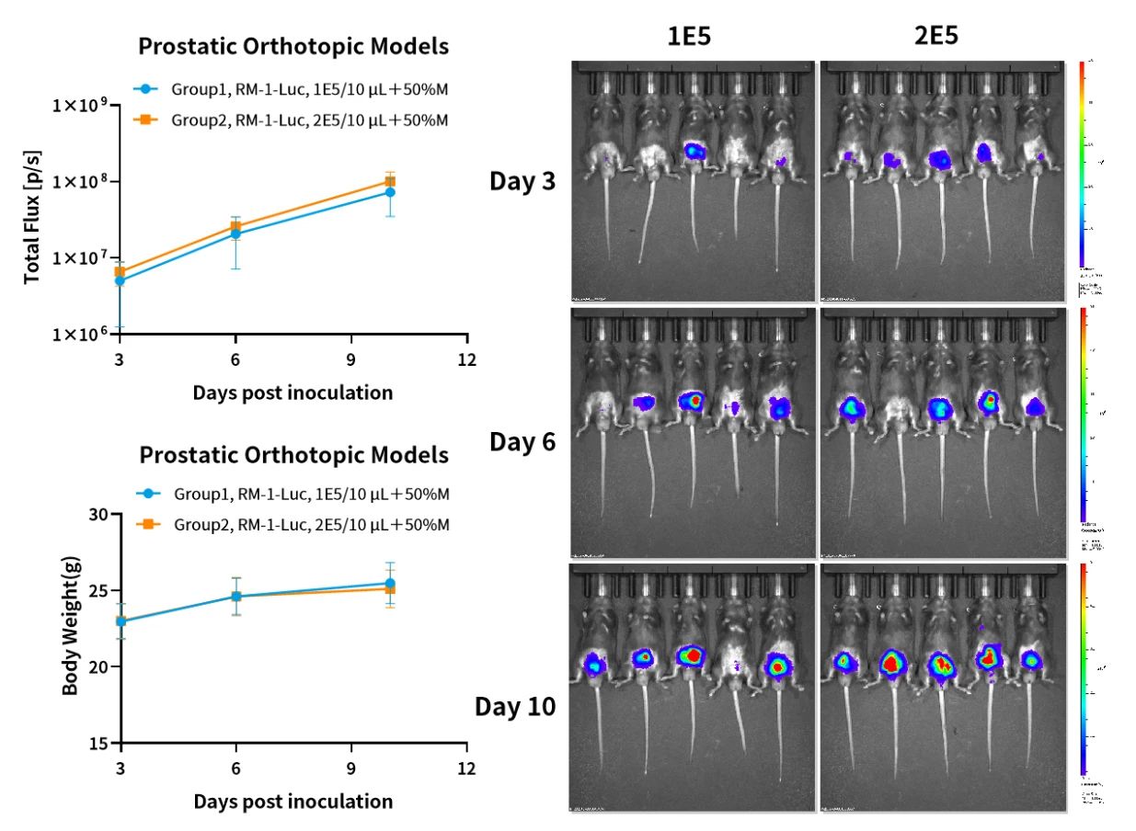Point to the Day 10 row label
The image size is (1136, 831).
514,707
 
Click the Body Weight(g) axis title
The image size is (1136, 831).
70,628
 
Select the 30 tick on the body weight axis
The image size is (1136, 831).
98,515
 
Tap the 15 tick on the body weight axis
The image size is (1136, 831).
98,743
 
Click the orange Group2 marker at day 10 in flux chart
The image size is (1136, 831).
390,181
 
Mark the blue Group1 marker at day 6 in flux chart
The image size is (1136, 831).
235,233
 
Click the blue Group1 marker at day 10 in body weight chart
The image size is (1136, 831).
390,584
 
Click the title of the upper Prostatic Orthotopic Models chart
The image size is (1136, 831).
293,46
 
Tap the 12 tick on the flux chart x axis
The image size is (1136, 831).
467,359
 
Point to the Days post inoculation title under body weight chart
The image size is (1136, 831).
293,801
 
